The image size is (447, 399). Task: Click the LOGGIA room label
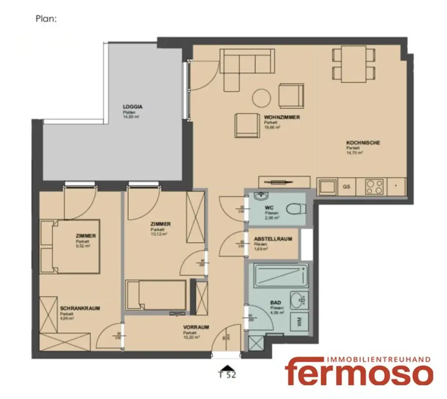(x=133, y=107)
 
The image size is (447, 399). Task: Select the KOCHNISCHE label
(x=363, y=143)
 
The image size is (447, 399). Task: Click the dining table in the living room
(x=354, y=64)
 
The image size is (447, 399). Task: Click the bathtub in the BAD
(x=278, y=275)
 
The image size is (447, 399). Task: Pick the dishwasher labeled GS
(x=346, y=187)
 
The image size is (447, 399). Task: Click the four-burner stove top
(x=374, y=187)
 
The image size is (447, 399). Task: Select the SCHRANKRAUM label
(x=80, y=308)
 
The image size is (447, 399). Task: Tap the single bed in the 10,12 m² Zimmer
(x=156, y=295)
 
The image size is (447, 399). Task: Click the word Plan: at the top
(x=46, y=19)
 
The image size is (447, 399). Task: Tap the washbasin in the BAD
(x=299, y=299)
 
